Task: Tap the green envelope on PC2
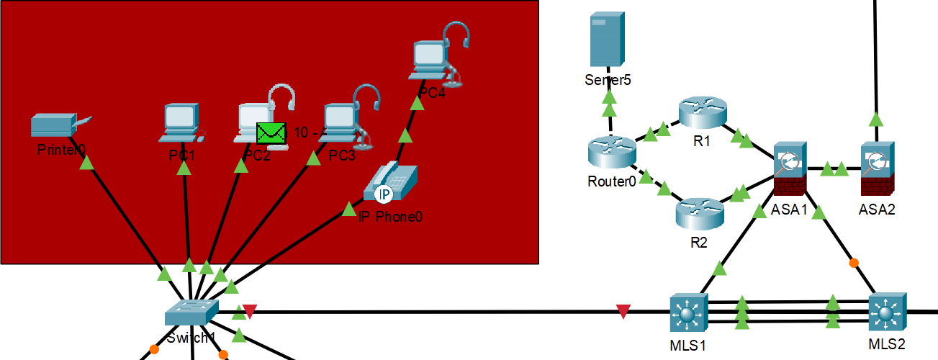pyautogui.click(x=271, y=133)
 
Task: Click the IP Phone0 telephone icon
pyautogui.click(x=390, y=183)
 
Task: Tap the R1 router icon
pyautogui.click(x=703, y=112)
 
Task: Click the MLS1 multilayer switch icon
pyautogui.click(x=689, y=312)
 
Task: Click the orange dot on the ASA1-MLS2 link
pyautogui.click(x=854, y=263)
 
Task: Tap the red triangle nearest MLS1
pyautogui.click(x=623, y=312)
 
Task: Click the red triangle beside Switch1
pyautogui.click(x=249, y=311)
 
